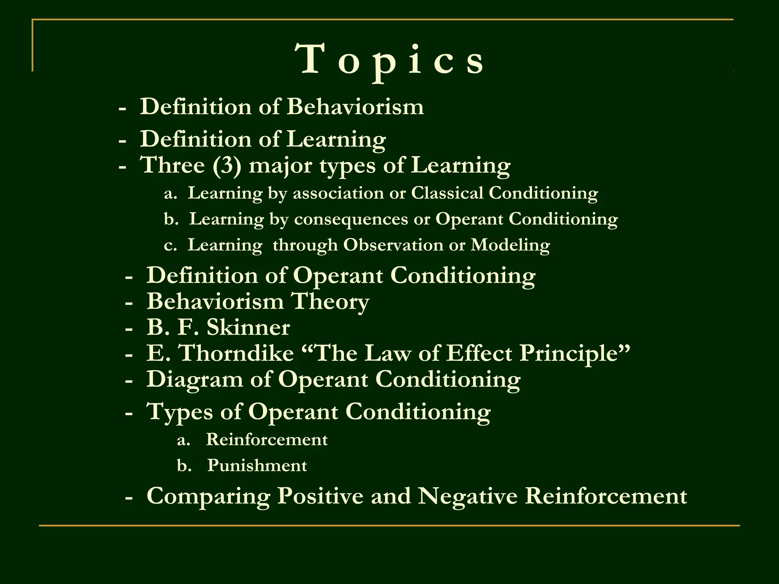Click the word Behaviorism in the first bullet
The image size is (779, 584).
(x=355, y=107)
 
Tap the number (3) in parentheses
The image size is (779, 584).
(x=227, y=165)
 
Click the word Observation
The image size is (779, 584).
(x=393, y=245)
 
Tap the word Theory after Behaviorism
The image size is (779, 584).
(x=330, y=302)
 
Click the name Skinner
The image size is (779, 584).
(x=248, y=327)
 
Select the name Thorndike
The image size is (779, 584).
(x=236, y=353)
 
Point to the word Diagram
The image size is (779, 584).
(x=195, y=379)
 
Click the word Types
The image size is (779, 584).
(x=180, y=412)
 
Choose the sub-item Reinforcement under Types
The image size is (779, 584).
(x=267, y=440)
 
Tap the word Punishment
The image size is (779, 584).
(x=257, y=466)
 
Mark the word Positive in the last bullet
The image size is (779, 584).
(x=320, y=496)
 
